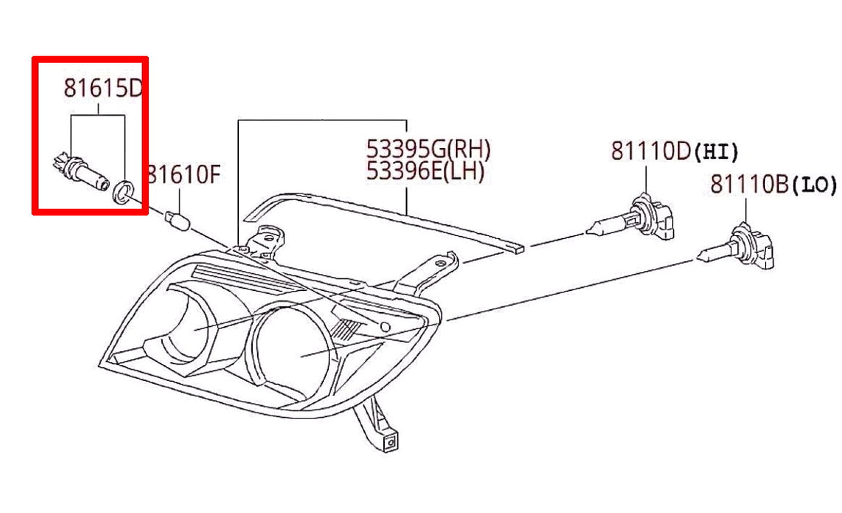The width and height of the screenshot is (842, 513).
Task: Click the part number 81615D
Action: pos(103,87)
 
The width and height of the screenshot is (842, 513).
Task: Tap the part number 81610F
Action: pos(184,174)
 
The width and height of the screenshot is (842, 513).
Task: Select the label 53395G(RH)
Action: pos(428,148)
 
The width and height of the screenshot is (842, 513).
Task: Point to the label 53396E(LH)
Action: pos(425,171)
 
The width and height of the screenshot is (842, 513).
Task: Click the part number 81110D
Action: pos(651,151)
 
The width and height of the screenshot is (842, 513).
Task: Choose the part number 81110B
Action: pos(750,184)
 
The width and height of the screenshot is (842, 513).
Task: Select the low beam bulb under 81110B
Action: pos(739,248)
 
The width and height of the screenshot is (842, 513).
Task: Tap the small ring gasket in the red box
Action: pos(123,193)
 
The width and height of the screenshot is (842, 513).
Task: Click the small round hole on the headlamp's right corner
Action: pos(385,327)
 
